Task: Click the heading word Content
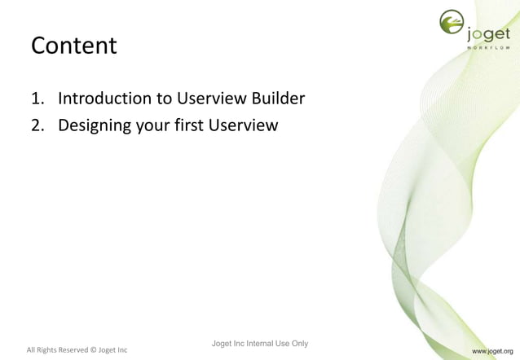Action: tap(73, 46)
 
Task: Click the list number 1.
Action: tap(36, 99)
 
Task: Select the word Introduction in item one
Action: tap(108, 99)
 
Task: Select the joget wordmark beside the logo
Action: tap(489, 33)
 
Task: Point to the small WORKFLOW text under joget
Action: tap(489, 48)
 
